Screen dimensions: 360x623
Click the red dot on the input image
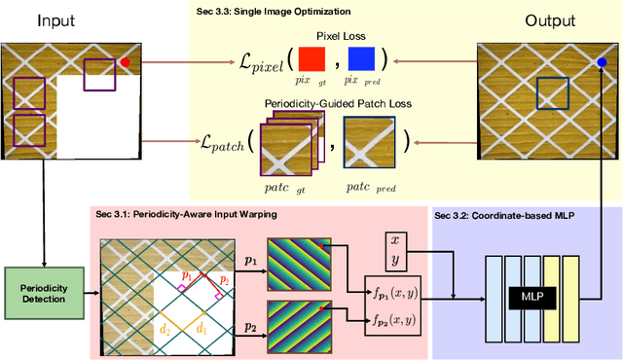tap(124, 62)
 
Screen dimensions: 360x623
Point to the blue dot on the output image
tap(602, 62)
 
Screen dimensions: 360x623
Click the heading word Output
tap(551, 20)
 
